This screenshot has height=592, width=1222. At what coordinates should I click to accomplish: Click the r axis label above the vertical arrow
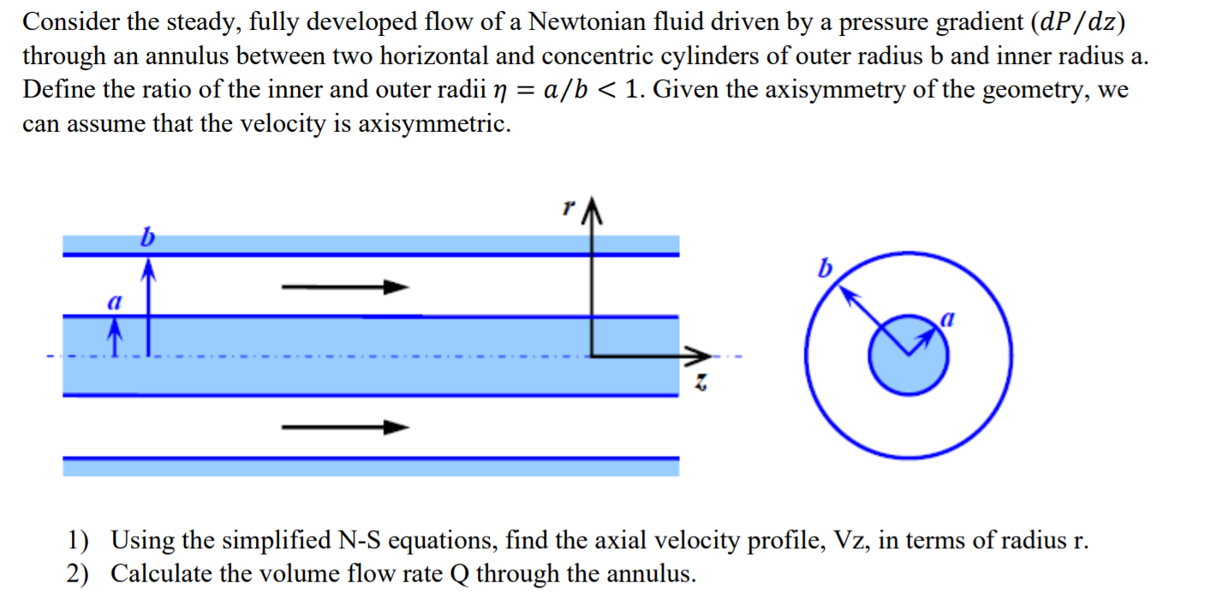tap(567, 208)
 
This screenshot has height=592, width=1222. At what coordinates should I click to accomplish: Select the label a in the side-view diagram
tap(111, 302)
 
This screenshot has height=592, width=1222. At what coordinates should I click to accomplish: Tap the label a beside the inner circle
tap(946, 320)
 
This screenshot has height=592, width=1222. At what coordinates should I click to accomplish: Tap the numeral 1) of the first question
tap(79, 541)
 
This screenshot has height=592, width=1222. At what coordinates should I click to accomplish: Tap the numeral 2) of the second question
tap(79, 573)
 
